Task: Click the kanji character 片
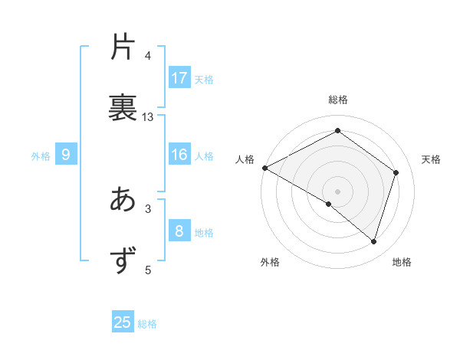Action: pos(123,47)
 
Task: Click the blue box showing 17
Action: pos(179,78)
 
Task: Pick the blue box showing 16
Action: pos(179,155)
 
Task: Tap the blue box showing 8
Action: pos(179,231)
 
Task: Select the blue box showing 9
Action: pos(66,155)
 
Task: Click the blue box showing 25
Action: pos(123,322)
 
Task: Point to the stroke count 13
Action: pos(148,117)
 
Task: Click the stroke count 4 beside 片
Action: pos(148,56)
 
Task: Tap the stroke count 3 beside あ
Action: pos(148,208)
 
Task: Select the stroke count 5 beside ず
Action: pos(148,269)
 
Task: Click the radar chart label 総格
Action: pos(337,100)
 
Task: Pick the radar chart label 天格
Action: pos(431,159)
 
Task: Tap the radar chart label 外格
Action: pos(270,262)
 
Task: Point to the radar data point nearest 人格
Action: pos(264,167)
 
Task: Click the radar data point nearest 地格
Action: pos(374,242)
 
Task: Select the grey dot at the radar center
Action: pos(337,191)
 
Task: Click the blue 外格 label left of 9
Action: pos(41,156)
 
